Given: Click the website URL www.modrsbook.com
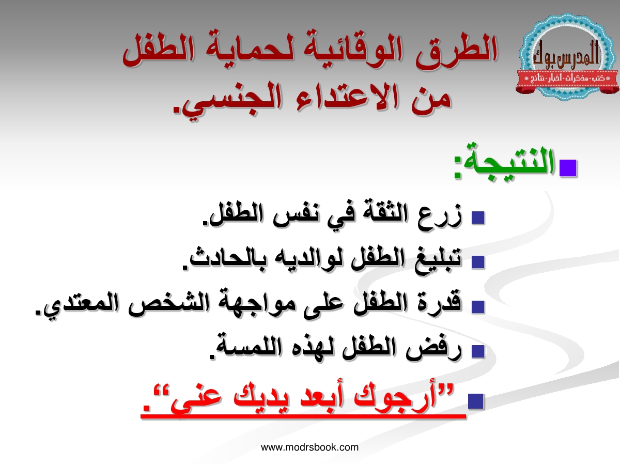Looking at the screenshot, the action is [310, 447].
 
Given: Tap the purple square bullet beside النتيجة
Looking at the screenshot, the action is [568, 168].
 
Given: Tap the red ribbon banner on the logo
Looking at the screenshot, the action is [567, 81].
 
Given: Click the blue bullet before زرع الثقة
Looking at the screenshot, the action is [478, 218].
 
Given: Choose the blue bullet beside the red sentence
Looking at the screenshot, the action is [476, 401].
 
